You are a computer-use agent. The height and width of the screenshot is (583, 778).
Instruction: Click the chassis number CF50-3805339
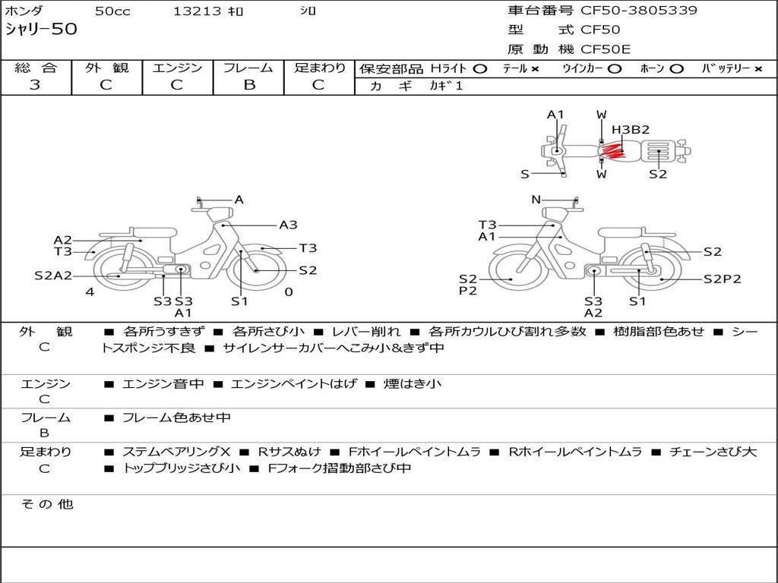point(638,11)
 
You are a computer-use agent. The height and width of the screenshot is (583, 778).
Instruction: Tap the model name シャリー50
point(41,29)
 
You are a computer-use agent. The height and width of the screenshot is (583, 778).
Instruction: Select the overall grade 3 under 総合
point(35,85)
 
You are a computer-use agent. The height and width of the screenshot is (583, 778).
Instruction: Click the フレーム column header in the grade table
point(248,68)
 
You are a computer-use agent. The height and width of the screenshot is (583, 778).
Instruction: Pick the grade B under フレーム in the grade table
point(249,85)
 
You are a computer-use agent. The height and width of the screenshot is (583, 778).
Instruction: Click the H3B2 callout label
point(630,130)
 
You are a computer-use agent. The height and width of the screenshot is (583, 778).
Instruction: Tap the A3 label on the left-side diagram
point(288,225)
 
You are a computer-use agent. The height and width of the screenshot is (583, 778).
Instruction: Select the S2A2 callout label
point(53,276)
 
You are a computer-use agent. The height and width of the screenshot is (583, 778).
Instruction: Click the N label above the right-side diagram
point(536,200)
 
